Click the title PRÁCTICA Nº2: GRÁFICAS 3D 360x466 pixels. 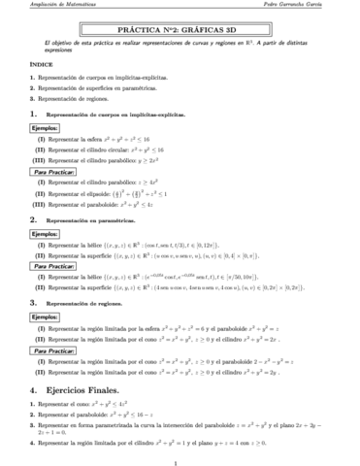(180, 31)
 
